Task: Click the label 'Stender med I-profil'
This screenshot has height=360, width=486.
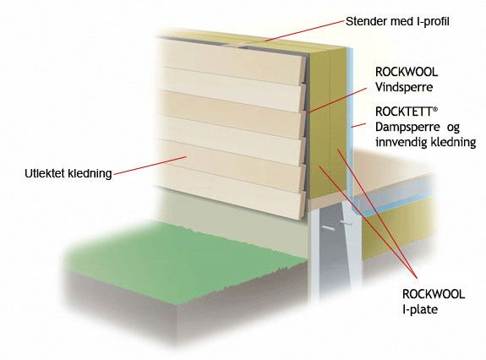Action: (397, 21)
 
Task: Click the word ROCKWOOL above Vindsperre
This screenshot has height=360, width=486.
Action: (407, 72)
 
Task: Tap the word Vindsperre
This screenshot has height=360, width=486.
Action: (404, 87)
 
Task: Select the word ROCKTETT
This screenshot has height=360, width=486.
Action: (403, 112)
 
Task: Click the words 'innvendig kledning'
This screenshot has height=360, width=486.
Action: (425, 142)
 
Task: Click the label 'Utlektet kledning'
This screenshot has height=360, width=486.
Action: (68, 173)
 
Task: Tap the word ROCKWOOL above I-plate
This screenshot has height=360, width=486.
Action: (434, 294)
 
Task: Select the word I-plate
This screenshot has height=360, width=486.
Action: (420, 309)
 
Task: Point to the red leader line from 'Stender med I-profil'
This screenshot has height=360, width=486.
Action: (304, 30)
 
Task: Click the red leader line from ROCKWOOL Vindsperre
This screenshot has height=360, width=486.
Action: (337, 100)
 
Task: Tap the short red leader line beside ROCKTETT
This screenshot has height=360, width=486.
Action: (358, 125)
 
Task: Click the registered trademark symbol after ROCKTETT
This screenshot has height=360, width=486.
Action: (435, 109)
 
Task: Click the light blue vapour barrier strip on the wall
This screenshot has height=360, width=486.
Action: (350, 124)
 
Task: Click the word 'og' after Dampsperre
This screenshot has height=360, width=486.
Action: (453, 128)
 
